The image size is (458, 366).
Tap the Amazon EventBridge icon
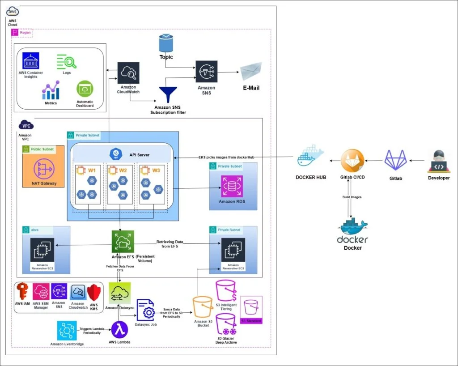tap(67, 331)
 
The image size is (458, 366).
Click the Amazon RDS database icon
tap(232, 187)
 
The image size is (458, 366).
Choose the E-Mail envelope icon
tap(251, 72)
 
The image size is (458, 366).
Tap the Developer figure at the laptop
tap(439, 162)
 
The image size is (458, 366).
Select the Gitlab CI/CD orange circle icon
tap(352, 161)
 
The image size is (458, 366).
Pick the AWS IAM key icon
tap(22, 292)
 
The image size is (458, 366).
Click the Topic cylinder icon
tap(166, 43)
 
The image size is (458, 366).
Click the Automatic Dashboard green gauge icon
tap(85, 89)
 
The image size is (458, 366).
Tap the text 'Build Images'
tap(352, 197)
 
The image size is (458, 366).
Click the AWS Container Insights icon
tap(31, 61)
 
